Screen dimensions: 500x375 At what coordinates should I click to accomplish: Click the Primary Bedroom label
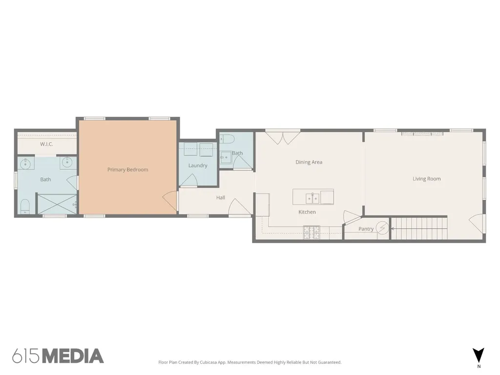pyautogui.click(x=127, y=169)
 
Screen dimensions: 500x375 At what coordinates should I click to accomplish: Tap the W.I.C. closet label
pyautogui.click(x=46, y=144)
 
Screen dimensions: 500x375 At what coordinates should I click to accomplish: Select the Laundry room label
pyautogui.click(x=198, y=166)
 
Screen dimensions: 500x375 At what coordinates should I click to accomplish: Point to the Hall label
pyautogui.click(x=221, y=198)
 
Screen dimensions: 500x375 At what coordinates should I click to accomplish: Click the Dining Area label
pyautogui.click(x=309, y=162)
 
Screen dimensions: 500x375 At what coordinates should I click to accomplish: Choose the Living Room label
pyautogui.click(x=427, y=179)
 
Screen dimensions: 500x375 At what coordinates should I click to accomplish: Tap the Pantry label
pyautogui.click(x=366, y=229)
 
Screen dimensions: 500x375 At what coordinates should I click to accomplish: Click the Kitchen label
pyautogui.click(x=307, y=212)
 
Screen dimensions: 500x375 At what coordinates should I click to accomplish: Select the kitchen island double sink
pyautogui.click(x=312, y=198)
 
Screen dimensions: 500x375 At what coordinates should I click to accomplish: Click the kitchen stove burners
pyautogui.click(x=312, y=232)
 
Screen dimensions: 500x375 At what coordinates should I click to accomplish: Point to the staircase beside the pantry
pyautogui.click(x=419, y=228)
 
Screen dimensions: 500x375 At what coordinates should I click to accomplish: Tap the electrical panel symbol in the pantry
pyautogui.click(x=382, y=228)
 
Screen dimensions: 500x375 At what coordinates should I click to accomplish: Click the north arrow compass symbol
pyautogui.click(x=479, y=355)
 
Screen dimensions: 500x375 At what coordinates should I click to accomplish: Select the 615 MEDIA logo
pyautogui.click(x=58, y=356)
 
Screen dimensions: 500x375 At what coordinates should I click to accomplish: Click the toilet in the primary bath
pyautogui.click(x=25, y=207)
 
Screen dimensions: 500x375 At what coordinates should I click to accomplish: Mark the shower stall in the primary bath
pyautogui.click(x=57, y=204)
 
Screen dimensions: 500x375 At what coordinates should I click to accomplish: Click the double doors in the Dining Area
pyautogui.click(x=283, y=138)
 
